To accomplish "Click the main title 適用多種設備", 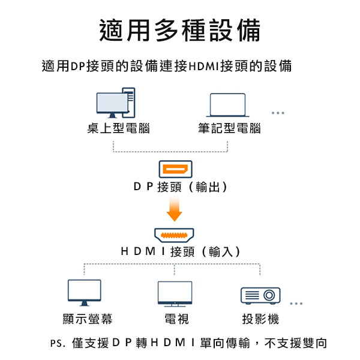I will (179, 30).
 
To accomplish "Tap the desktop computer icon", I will (116, 103).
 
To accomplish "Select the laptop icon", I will (227, 105).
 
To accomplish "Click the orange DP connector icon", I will (175, 169).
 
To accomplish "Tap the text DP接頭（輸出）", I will (180, 187).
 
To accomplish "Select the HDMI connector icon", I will (175, 235).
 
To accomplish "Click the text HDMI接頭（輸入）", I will (181, 251).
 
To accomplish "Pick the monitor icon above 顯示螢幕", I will (84, 293).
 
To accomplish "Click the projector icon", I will (260, 295).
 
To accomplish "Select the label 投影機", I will (260, 319).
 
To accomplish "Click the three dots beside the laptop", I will (277, 113).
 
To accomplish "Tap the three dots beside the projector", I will (296, 304).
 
